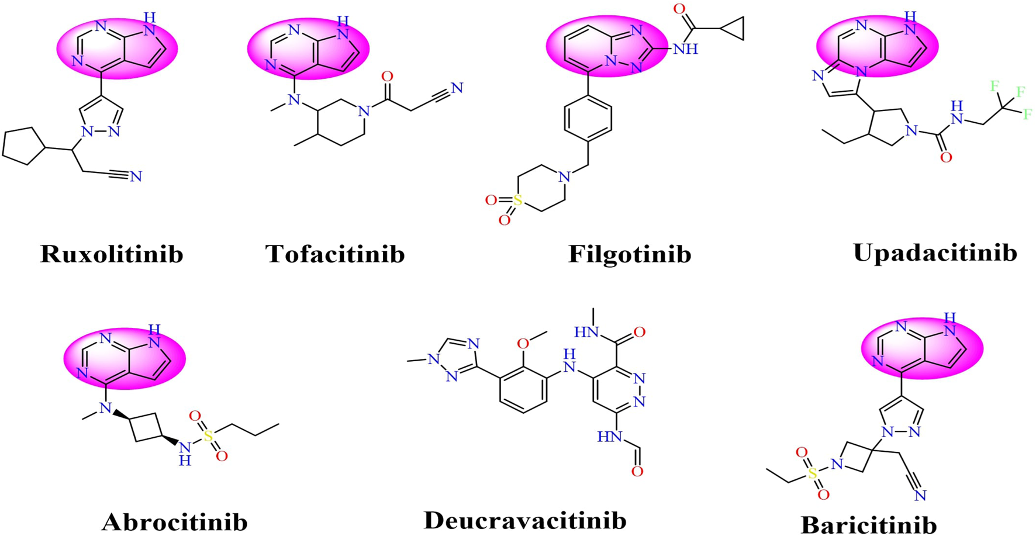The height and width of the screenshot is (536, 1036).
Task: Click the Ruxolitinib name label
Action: pos(112,254)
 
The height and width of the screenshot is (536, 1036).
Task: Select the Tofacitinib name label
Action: pos(335,254)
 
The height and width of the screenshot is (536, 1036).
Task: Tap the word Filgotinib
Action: pos(630,254)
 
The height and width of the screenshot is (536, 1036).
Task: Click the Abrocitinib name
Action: pos(175,522)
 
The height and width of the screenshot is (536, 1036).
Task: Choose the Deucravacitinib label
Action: pos(525,520)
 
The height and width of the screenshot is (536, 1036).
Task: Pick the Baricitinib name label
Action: pos(869,524)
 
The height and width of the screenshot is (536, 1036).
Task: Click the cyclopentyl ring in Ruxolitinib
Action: pos(23,146)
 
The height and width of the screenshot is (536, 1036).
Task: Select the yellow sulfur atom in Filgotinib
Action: pos(517,200)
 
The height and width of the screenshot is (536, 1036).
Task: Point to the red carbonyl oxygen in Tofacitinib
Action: pos(387,77)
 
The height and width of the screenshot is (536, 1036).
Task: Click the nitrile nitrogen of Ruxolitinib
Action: pos(136,177)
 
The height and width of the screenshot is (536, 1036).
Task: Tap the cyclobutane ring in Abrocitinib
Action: pos(146,428)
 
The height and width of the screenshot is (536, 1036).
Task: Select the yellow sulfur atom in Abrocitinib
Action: pos(208,436)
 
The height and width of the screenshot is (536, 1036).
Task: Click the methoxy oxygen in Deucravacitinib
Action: pos(523,344)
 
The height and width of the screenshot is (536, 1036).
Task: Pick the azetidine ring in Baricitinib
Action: pos(855,458)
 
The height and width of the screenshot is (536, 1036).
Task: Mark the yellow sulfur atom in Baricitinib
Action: pos(813,474)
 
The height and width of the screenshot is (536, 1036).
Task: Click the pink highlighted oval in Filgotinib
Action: pos(606,47)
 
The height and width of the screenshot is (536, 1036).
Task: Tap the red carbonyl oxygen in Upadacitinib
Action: pos(945,157)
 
